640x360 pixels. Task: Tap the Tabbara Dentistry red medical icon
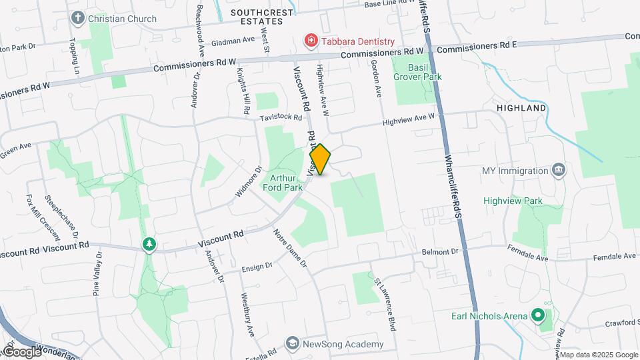point(311,41)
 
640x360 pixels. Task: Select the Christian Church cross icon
point(79,18)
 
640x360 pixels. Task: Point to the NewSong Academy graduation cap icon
point(292,343)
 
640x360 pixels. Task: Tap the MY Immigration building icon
point(559,171)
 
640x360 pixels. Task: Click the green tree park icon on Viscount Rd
point(149,245)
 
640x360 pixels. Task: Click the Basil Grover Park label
point(417,71)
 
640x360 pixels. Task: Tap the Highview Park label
point(513,201)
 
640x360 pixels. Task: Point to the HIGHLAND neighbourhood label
point(521,108)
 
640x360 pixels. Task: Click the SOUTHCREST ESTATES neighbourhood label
point(257,17)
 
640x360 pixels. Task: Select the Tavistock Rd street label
point(281,117)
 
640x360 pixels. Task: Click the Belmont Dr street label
point(441,252)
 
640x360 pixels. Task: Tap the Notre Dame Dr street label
point(290,248)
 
